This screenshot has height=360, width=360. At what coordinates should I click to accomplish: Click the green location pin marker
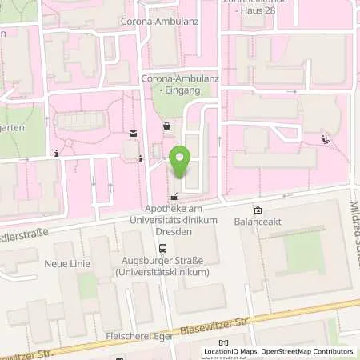point(181,163)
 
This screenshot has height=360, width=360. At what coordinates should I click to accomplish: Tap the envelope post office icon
point(133,133)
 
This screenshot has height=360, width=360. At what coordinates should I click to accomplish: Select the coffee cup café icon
point(166,126)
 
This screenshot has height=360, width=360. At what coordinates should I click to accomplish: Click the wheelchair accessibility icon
point(326,140)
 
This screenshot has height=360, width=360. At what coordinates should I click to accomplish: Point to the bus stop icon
point(163,248)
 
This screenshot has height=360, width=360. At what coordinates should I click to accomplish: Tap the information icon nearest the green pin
point(141,159)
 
